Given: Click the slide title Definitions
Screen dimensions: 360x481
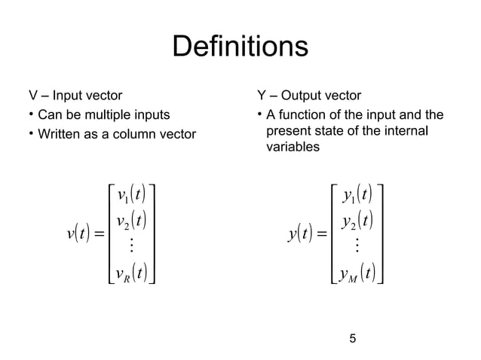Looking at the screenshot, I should (240, 47).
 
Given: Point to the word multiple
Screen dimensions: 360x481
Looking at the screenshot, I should (108, 115).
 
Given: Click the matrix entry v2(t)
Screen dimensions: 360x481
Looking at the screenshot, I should (131, 223).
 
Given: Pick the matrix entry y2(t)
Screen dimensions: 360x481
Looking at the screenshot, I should (355, 221).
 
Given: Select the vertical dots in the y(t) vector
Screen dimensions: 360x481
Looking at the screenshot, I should (355, 246).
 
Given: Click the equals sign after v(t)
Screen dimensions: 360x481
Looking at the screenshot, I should (100, 233).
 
